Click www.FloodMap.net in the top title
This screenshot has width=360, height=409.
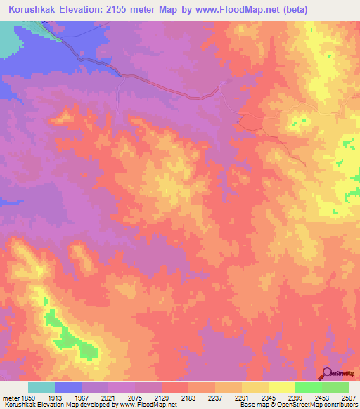[x=236, y=9]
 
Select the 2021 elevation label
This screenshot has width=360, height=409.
[x=108, y=397]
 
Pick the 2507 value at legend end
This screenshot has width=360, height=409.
[x=347, y=397]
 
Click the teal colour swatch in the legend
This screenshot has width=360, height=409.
[x=41, y=387]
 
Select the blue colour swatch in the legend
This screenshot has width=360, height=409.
[x=68, y=387]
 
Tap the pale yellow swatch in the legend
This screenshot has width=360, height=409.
[x=282, y=387]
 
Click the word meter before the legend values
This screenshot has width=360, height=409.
[x=11, y=397]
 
